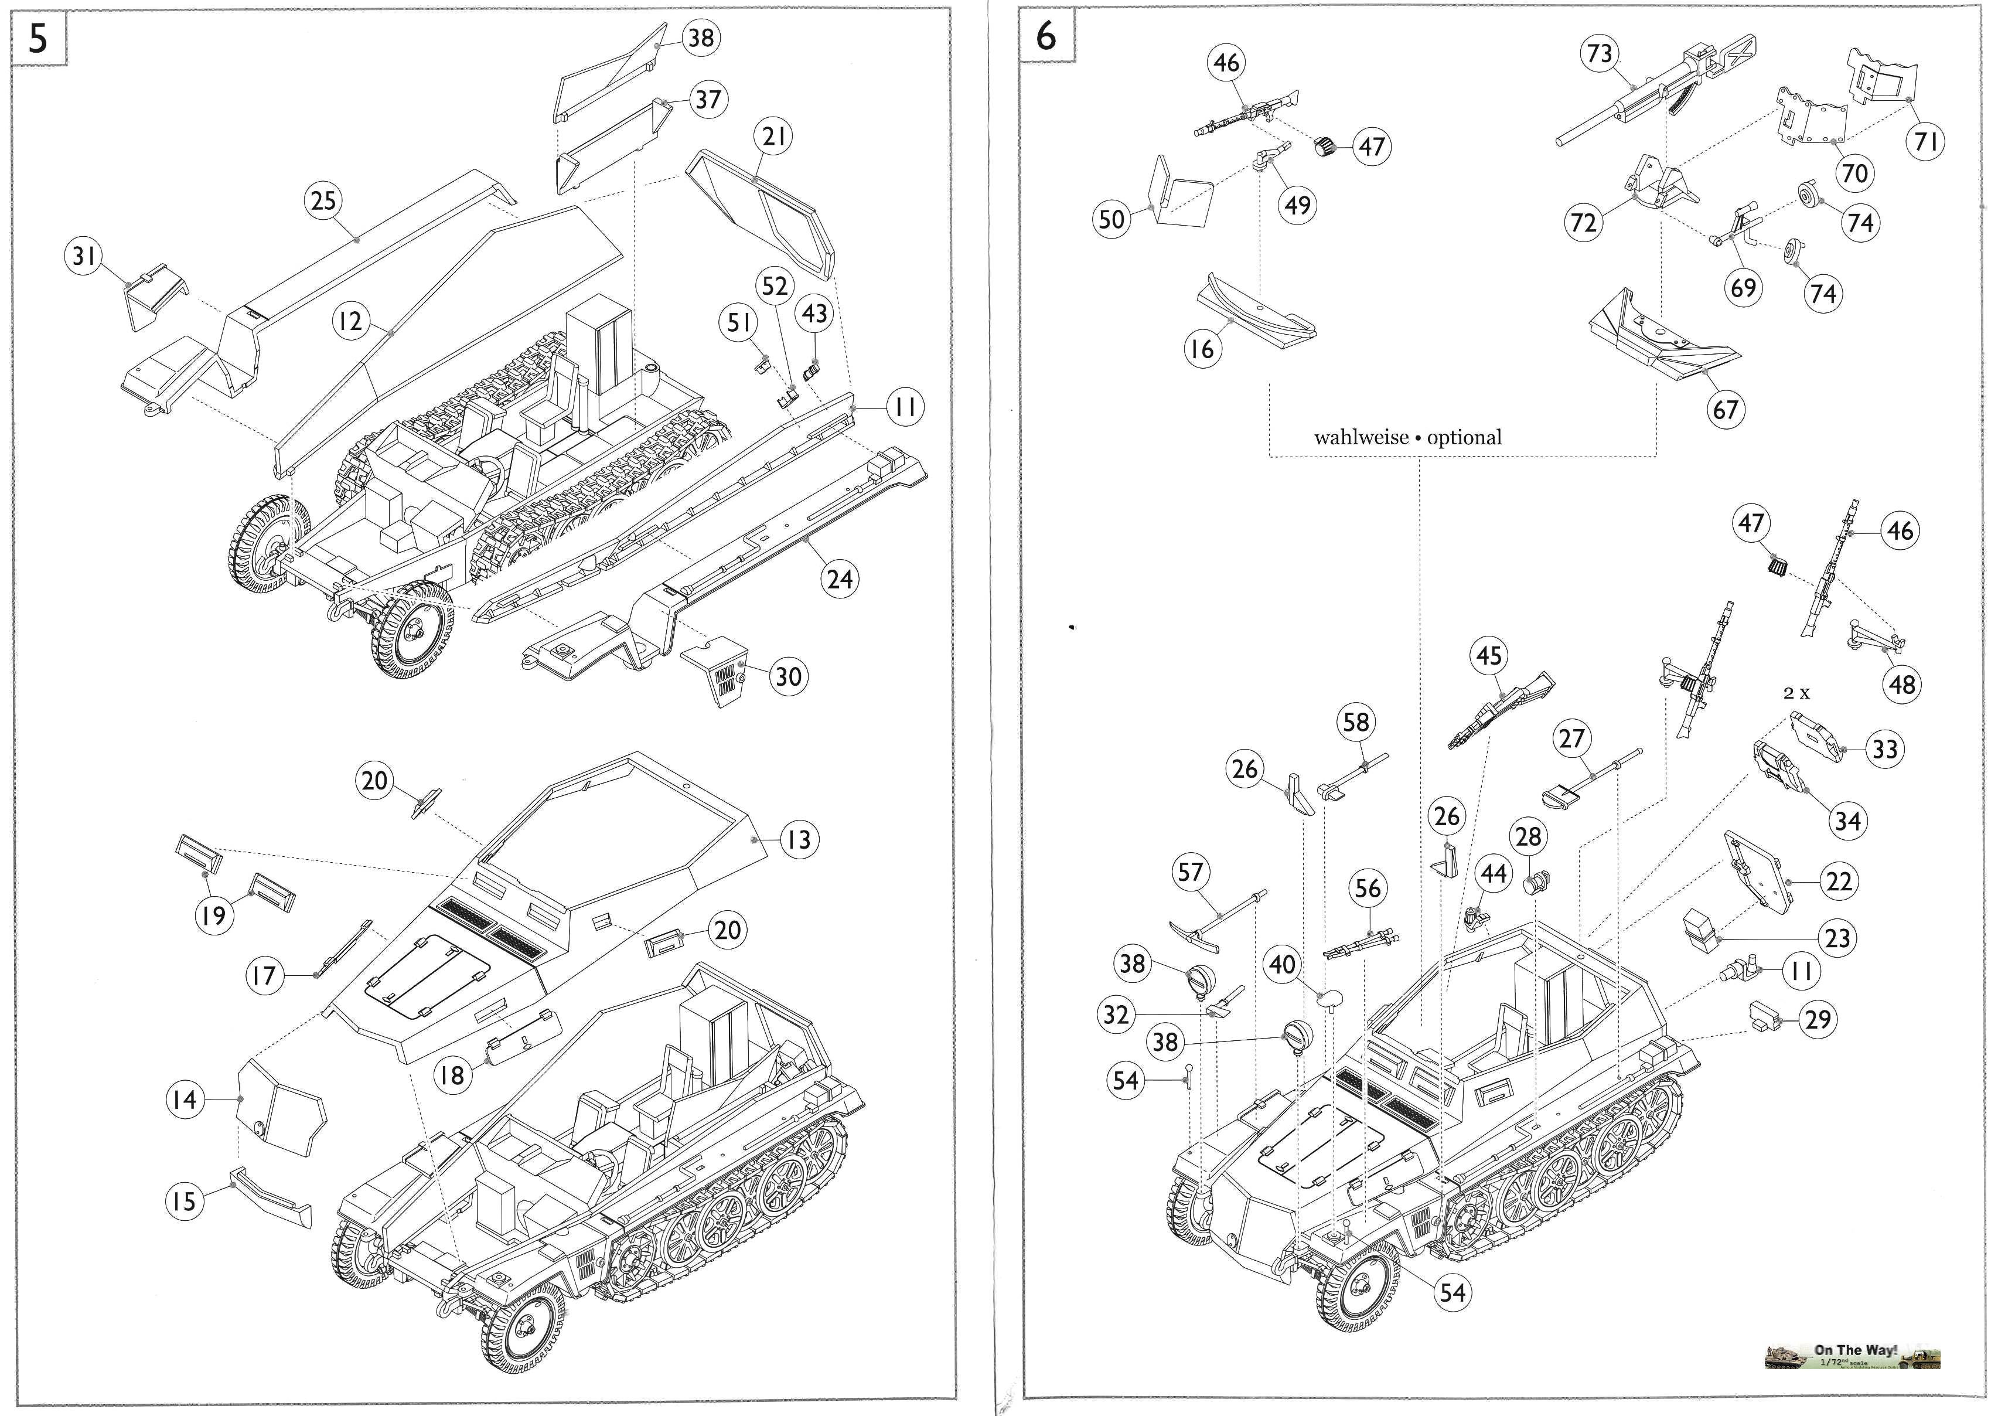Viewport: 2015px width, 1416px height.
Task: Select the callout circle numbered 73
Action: (1600, 53)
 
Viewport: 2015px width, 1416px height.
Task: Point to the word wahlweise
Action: (1361, 437)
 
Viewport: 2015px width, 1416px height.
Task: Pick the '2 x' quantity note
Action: (1796, 693)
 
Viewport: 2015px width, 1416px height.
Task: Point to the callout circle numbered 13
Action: (799, 840)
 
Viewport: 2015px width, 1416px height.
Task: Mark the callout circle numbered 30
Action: (788, 677)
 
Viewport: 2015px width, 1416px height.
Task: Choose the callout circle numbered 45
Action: (1488, 656)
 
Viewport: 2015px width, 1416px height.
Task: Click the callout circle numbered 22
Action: (1839, 881)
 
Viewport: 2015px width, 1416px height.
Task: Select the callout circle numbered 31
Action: (84, 256)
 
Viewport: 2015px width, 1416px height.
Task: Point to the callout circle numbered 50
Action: (1111, 219)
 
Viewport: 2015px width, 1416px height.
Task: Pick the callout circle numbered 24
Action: (840, 580)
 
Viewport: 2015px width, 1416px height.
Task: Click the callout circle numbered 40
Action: (1282, 965)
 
